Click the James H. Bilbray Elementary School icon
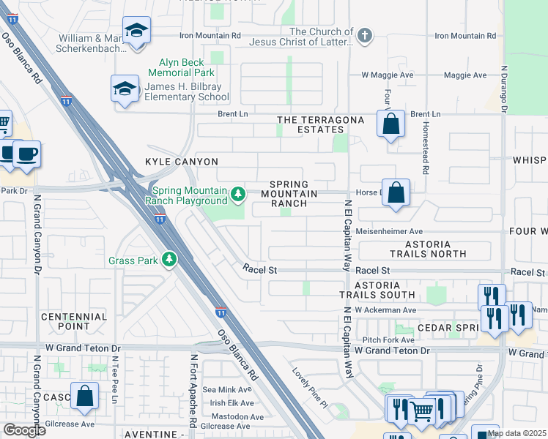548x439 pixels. (x=125, y=90)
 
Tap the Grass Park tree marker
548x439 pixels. (x=169, y=260)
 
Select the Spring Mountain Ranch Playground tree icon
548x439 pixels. (x=237, y=195)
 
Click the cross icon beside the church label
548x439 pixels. (x=364, y=35)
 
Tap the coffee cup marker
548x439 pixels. (x=26, y=154)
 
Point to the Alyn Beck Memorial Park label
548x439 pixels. (x=181, y=68)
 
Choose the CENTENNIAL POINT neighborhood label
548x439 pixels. (x=74, y=322)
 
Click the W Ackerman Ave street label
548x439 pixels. (x=385, y=309)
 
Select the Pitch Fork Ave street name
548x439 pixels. (x=388, y=339)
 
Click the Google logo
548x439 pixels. (x=24, y=430)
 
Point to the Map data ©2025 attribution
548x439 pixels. (x=516, y=433)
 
